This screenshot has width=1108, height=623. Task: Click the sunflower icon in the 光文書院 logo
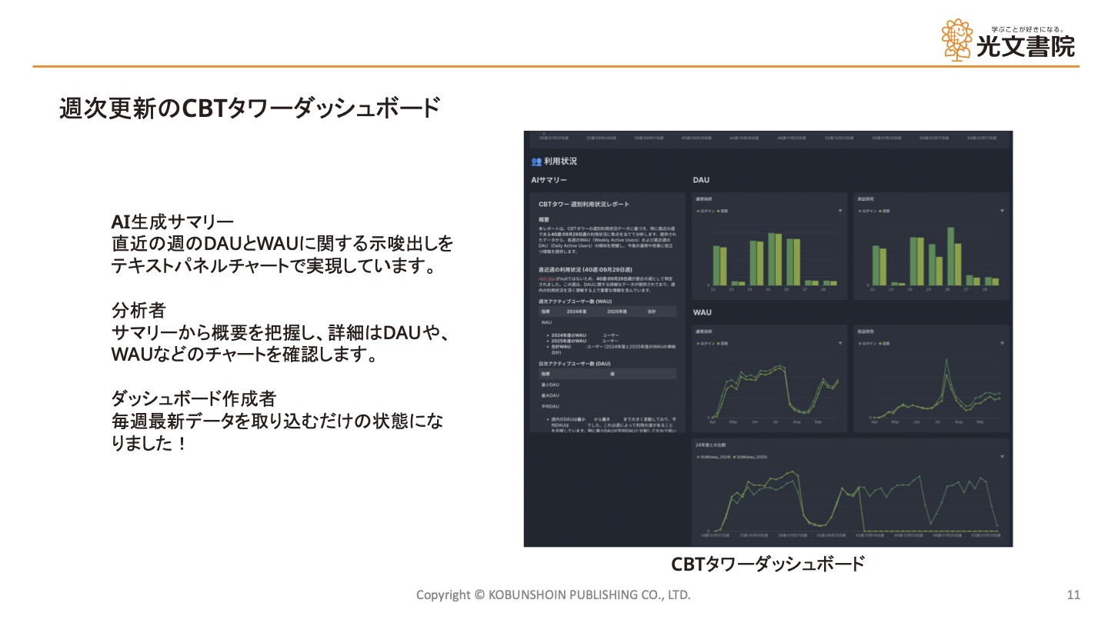pos(957,40)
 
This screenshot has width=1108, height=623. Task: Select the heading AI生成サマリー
pos(172,223)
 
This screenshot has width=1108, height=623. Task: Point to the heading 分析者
pos(138,311)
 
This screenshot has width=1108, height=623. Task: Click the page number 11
pos(1074,595)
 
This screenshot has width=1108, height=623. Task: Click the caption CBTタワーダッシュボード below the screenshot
pos(768,564)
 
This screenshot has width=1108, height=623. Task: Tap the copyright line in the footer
pos(553,595)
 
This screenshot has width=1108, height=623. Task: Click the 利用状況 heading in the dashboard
pos(560,162)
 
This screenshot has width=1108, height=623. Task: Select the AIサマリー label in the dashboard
pos(549,180)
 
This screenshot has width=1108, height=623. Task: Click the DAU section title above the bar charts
pos(701,180)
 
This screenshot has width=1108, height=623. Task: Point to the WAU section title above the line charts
pos(702,312)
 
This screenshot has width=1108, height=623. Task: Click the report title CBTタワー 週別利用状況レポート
pos(584,204)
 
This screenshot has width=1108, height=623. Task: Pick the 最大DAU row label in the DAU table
pos(549,395)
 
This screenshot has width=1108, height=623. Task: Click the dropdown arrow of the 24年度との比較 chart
pos(1002,457)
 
